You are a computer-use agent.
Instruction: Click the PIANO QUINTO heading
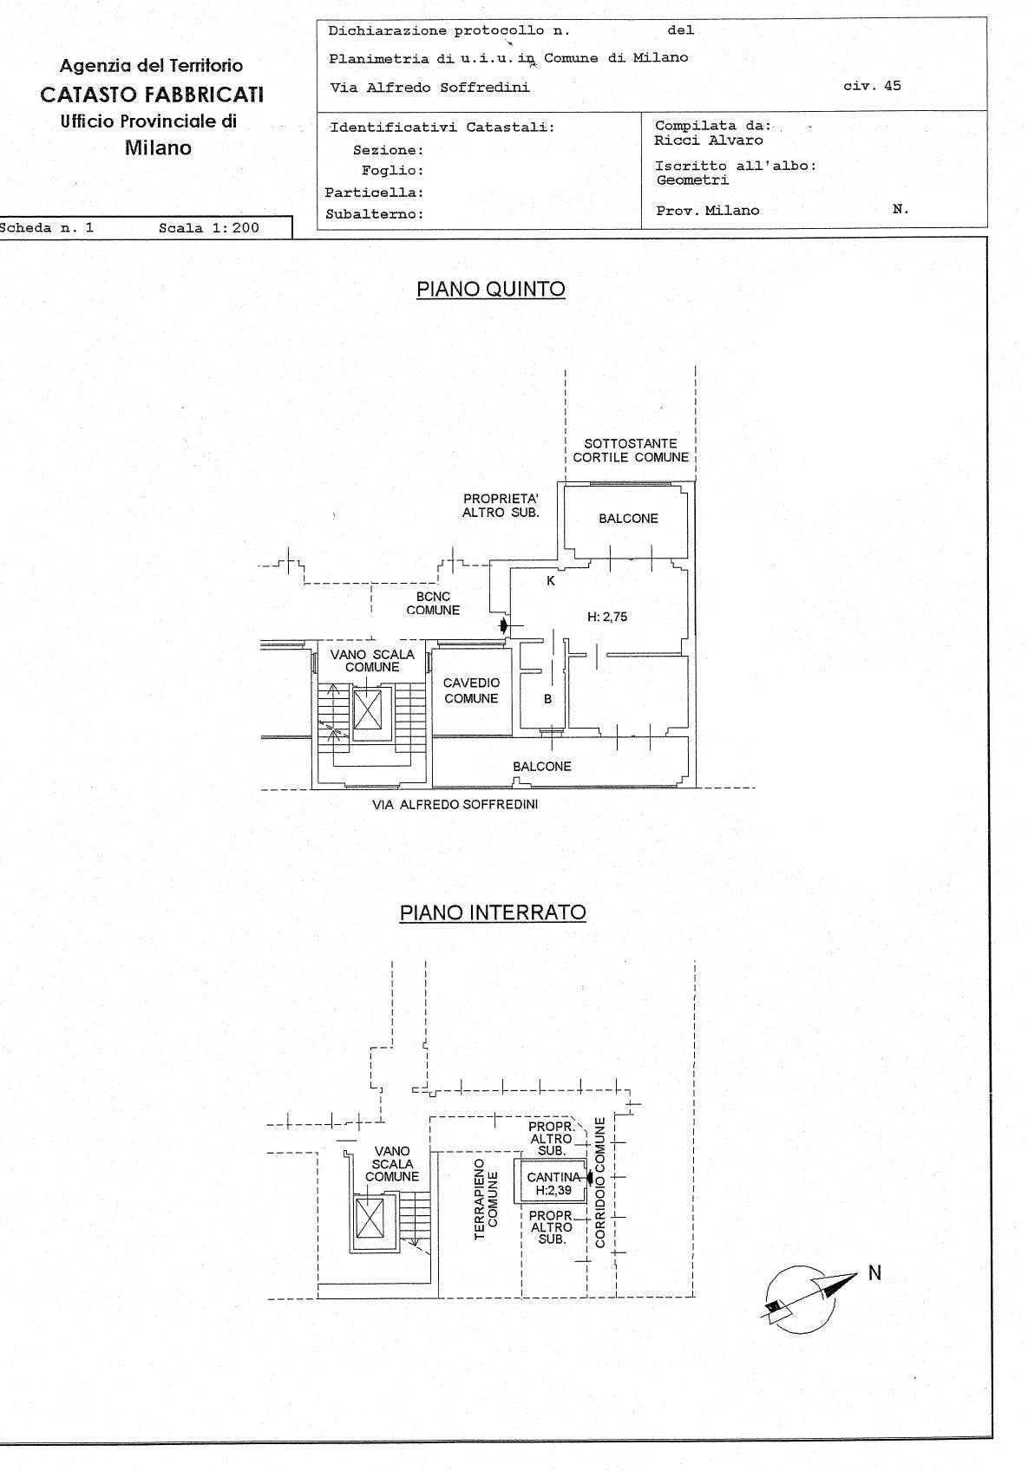coord(491,290)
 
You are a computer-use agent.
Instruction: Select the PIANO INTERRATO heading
coord(493,912)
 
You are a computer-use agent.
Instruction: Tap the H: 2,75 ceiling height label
coord(607,618)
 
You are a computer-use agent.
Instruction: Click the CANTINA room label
coord(553,1178)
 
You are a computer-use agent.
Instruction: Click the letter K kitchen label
coord(550,581)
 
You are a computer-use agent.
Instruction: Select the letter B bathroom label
coord(548,699)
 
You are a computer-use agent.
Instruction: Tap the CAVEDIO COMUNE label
coord(471,690)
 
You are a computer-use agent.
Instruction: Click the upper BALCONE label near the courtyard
coord(628,519)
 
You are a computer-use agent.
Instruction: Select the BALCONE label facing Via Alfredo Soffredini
coord(542,767)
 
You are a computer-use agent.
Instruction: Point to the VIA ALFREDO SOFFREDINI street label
coord(455,805)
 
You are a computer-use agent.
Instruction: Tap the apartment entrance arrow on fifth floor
coord(505,624)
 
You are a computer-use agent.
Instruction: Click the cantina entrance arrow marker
coord(590,1178)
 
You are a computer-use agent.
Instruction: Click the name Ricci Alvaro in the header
coord(709,141)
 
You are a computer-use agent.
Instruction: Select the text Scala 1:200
coord(209,229)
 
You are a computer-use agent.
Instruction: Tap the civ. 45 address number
coord(872,86)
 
